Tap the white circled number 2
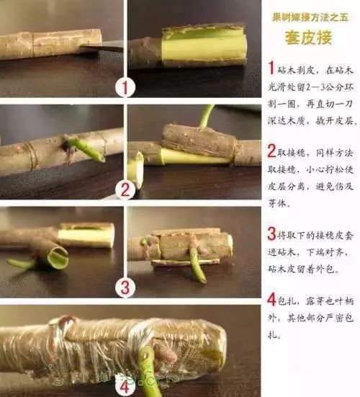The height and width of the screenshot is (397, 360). (x=126, y=190)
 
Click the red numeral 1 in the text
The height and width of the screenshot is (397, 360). (x=271, y=68)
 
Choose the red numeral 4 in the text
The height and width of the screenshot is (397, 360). (x=271, y=299)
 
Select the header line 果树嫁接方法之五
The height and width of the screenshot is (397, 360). (x=310, y=15)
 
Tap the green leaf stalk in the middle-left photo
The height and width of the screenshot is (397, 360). (x=85, y=149)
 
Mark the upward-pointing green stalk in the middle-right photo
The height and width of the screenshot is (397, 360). (x=207, y=115)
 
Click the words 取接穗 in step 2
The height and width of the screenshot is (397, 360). (x=297, y=151)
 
